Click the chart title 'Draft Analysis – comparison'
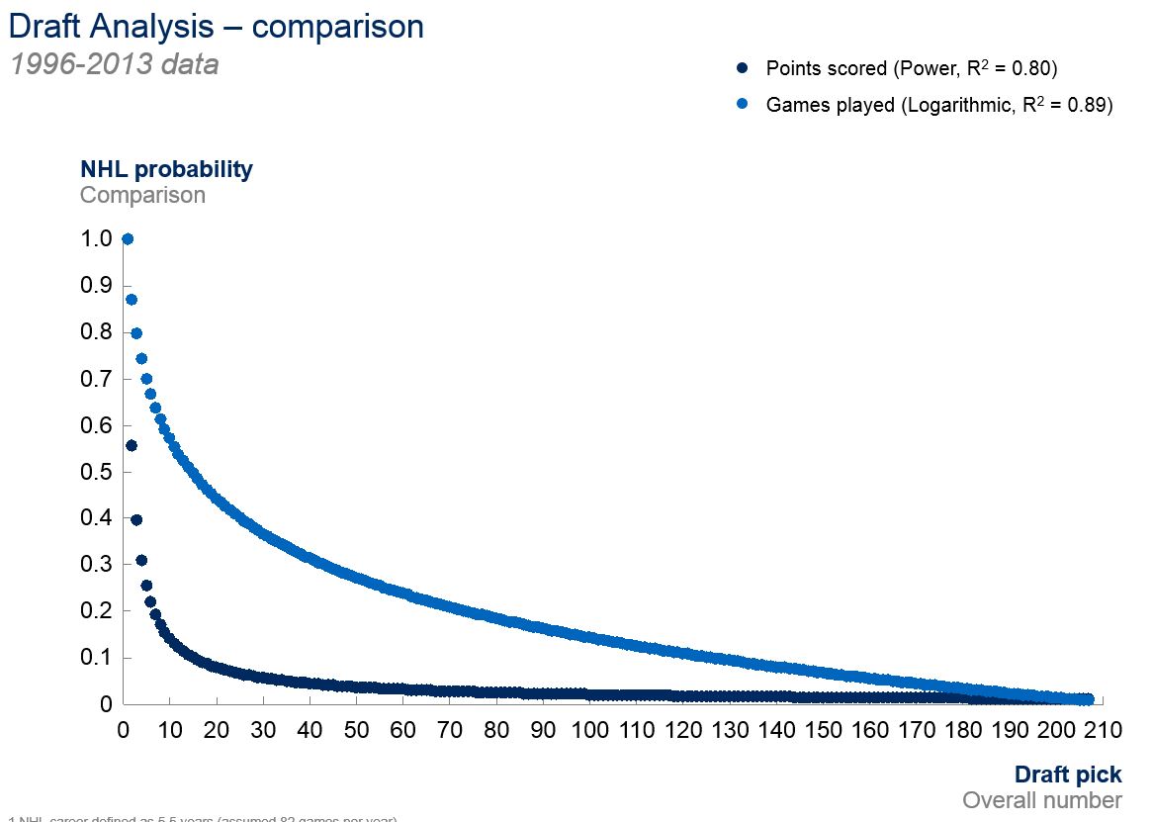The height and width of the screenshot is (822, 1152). [216, 26]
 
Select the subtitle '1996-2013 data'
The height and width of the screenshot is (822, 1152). [114, 65]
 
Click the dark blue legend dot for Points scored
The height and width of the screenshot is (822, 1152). [742, 69]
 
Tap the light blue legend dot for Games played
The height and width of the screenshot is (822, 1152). [742, 105]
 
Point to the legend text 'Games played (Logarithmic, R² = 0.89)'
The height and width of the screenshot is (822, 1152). [939, 105]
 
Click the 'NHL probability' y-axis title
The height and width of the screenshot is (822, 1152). [166, 169]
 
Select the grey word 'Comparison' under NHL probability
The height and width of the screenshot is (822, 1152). [142, 195]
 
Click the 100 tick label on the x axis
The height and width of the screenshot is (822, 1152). [590, 731]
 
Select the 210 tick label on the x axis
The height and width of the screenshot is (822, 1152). [1103, 731]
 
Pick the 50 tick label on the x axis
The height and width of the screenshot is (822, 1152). [357, 731]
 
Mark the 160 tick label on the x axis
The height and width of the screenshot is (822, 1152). [870, 731]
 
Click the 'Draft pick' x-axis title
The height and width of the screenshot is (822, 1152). [1068, 775]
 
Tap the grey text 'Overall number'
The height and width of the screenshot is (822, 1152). [1042, 800]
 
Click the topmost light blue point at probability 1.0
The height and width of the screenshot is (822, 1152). [127, 238]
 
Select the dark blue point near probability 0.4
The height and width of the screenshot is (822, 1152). [136, 519]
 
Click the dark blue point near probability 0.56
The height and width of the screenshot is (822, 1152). [132, 445]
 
